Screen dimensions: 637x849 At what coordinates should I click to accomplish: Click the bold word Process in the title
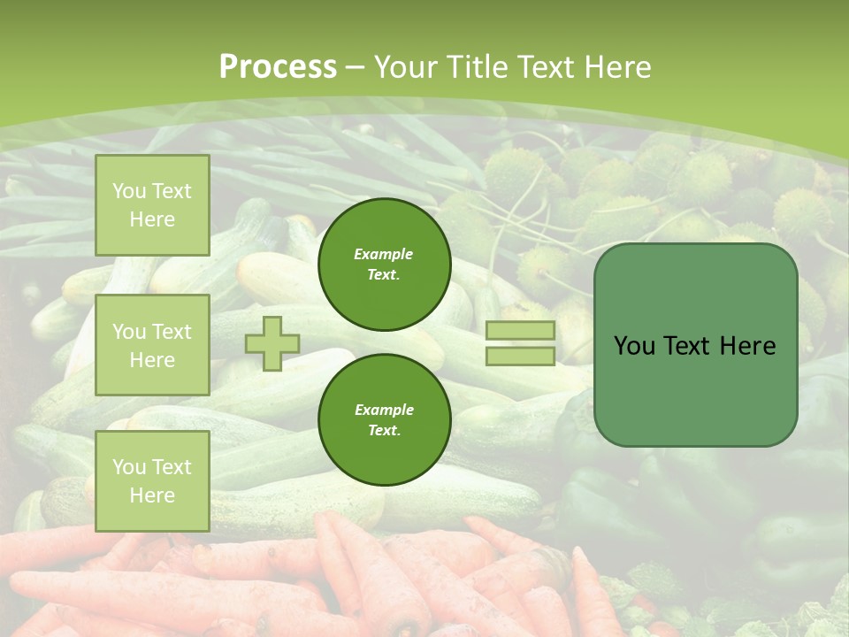pos(278,67)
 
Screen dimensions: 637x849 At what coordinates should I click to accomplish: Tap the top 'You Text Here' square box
pos(152,205)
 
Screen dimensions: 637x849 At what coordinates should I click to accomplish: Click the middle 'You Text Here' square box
pos(152,345)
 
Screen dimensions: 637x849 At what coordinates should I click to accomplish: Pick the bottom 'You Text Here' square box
pos(152,481)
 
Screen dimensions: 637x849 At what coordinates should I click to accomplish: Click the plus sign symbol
pos(272,343)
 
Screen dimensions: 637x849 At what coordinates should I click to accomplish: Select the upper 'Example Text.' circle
pos(385,265)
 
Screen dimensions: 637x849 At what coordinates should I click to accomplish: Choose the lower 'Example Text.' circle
pos(385,420)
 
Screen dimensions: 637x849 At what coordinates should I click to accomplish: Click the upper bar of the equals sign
pos(520,331)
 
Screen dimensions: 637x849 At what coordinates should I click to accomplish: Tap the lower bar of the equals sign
pos(520,357)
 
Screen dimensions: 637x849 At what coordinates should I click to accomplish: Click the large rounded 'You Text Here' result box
pos(695,345)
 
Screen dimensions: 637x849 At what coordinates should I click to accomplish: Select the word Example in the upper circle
pos(384,255)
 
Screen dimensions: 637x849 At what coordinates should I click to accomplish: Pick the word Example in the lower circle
pos(384,411)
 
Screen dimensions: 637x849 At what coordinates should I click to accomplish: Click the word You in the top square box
pos(129,191)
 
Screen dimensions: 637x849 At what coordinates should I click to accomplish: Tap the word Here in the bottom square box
pos(152,495)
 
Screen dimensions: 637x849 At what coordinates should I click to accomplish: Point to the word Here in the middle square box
pos(152,360)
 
